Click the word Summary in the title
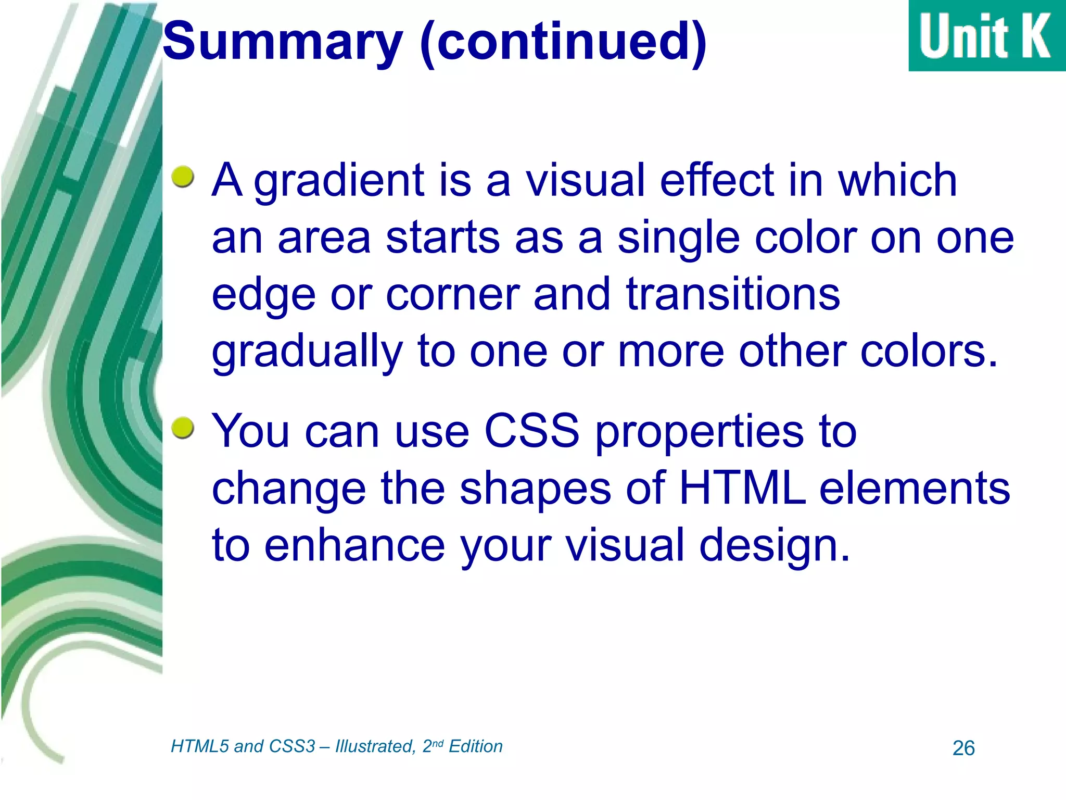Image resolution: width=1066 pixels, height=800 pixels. point(283,42)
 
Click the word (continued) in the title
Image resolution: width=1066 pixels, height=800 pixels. point(563,42)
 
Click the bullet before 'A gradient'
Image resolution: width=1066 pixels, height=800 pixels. point(183,177)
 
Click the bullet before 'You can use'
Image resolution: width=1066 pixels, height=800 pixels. point(183,428)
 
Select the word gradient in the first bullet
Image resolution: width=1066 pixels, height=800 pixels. point(339,181)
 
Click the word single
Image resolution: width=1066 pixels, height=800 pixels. point(678,239)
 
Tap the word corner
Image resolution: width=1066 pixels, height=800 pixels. point(452,294)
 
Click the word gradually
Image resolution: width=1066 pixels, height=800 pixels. point(307,353)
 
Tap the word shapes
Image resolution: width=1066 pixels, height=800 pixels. point(535,490)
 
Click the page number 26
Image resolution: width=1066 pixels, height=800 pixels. point(963,748)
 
